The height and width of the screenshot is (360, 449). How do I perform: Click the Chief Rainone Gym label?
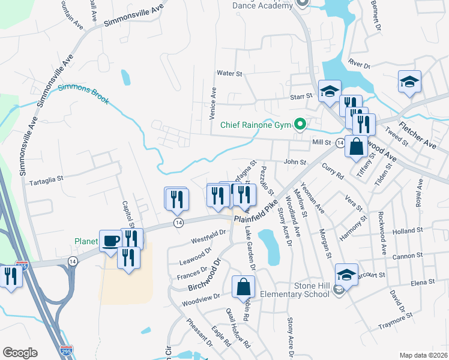tap(256, 125)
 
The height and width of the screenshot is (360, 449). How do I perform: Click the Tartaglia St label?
tap(46, 179)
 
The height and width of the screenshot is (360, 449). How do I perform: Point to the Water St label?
tap(229, 73)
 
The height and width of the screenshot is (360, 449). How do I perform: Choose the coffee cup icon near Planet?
tap(110, 241)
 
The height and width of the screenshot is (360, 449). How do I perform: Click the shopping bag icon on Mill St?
tap(357, 146)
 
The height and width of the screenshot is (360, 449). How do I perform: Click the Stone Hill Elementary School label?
tap(294, 290)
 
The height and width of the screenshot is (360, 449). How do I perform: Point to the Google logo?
tap(20, 353)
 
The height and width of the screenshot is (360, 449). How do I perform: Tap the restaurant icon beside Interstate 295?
tap(10, 277)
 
